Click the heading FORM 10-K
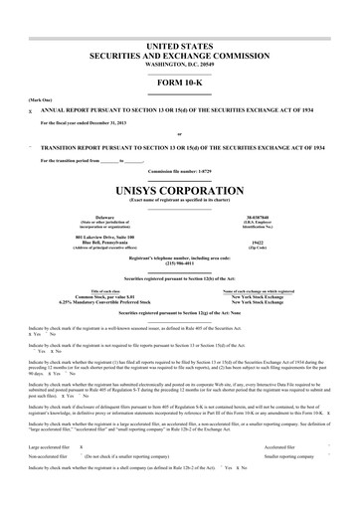[179, 81]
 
